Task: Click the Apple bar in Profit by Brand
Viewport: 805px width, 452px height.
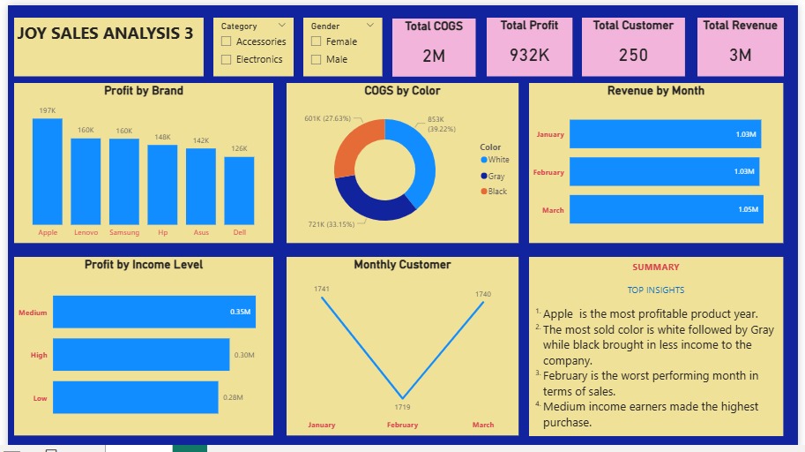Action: [48, 172]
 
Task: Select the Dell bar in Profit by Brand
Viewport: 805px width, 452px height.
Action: [239, 191]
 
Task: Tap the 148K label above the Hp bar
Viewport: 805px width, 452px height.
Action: [162, 137]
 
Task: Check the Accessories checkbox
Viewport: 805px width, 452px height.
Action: [227, 41]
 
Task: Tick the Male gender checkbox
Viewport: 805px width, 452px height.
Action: [317, 59]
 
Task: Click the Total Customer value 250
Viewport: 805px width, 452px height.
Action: [633, 55]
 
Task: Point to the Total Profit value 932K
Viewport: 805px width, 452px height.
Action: [529, 55]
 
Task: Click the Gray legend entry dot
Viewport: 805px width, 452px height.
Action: [484, 176]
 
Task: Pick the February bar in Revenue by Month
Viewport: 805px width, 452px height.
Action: [663, 171]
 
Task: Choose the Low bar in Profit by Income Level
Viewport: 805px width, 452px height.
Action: [135, 397]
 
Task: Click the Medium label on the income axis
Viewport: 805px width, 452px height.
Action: [33, 313]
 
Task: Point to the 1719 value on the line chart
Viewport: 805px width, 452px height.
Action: [403, 408]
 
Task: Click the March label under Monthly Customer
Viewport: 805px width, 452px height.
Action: [483, 425]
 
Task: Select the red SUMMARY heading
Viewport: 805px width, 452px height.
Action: [656, 267]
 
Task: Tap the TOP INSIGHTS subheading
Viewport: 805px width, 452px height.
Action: [656, 290]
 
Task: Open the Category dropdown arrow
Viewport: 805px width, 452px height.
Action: [281, 26]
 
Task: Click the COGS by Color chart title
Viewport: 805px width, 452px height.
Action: [402, 90]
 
